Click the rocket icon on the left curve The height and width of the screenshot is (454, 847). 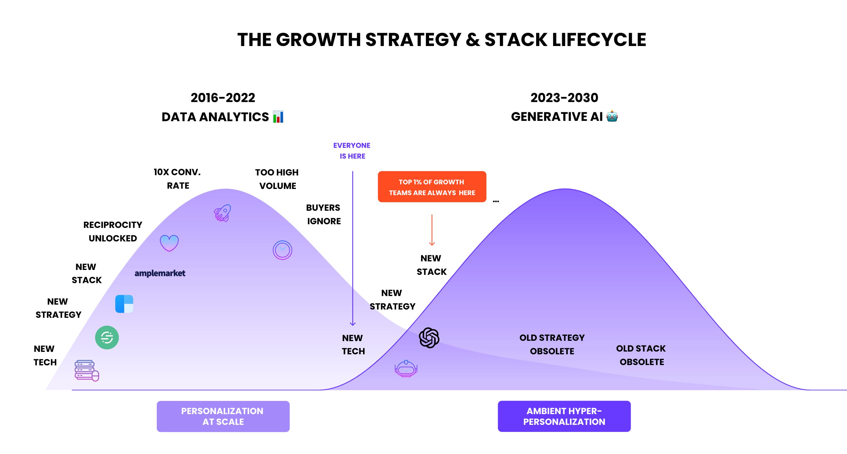222,213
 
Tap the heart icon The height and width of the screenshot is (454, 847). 169,243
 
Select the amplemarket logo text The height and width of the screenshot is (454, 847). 160,273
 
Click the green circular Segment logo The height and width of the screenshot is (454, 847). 107,338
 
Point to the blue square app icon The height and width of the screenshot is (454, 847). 124,304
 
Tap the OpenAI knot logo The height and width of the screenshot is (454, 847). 429,338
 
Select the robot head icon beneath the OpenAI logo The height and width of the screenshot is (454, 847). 406,368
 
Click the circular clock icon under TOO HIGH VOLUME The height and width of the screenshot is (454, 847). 282,250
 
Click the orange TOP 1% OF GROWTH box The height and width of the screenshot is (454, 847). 432,187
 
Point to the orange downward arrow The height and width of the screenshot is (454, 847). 432,230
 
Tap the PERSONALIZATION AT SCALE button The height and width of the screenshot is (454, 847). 223,416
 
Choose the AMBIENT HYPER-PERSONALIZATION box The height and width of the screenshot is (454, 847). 564,416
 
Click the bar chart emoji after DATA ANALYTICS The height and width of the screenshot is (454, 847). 278,117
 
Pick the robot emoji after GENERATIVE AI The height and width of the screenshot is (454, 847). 612,116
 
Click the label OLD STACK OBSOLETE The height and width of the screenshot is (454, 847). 641,355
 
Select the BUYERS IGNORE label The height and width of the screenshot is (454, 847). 323,214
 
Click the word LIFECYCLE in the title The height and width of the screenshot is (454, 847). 599,40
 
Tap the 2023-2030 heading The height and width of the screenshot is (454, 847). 564,98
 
